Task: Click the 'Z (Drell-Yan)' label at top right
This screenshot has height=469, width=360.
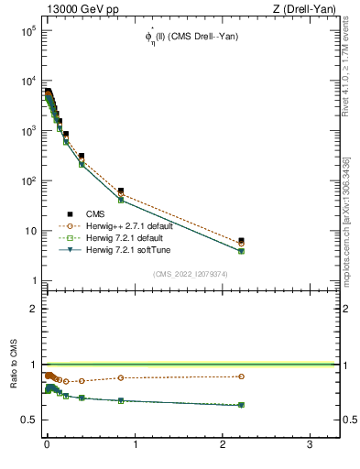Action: click(x=310, y=8)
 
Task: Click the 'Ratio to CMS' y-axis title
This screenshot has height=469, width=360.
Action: click(x=14, y=385)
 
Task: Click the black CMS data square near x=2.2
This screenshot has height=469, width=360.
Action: click(x=241, y=241)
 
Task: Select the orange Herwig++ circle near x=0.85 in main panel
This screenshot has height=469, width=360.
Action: click(x=121, y=194)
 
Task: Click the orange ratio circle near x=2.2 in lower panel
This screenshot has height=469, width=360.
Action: click(x=241, y=376)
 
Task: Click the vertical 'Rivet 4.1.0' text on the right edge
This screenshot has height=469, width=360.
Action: click(x=346, y=69)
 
